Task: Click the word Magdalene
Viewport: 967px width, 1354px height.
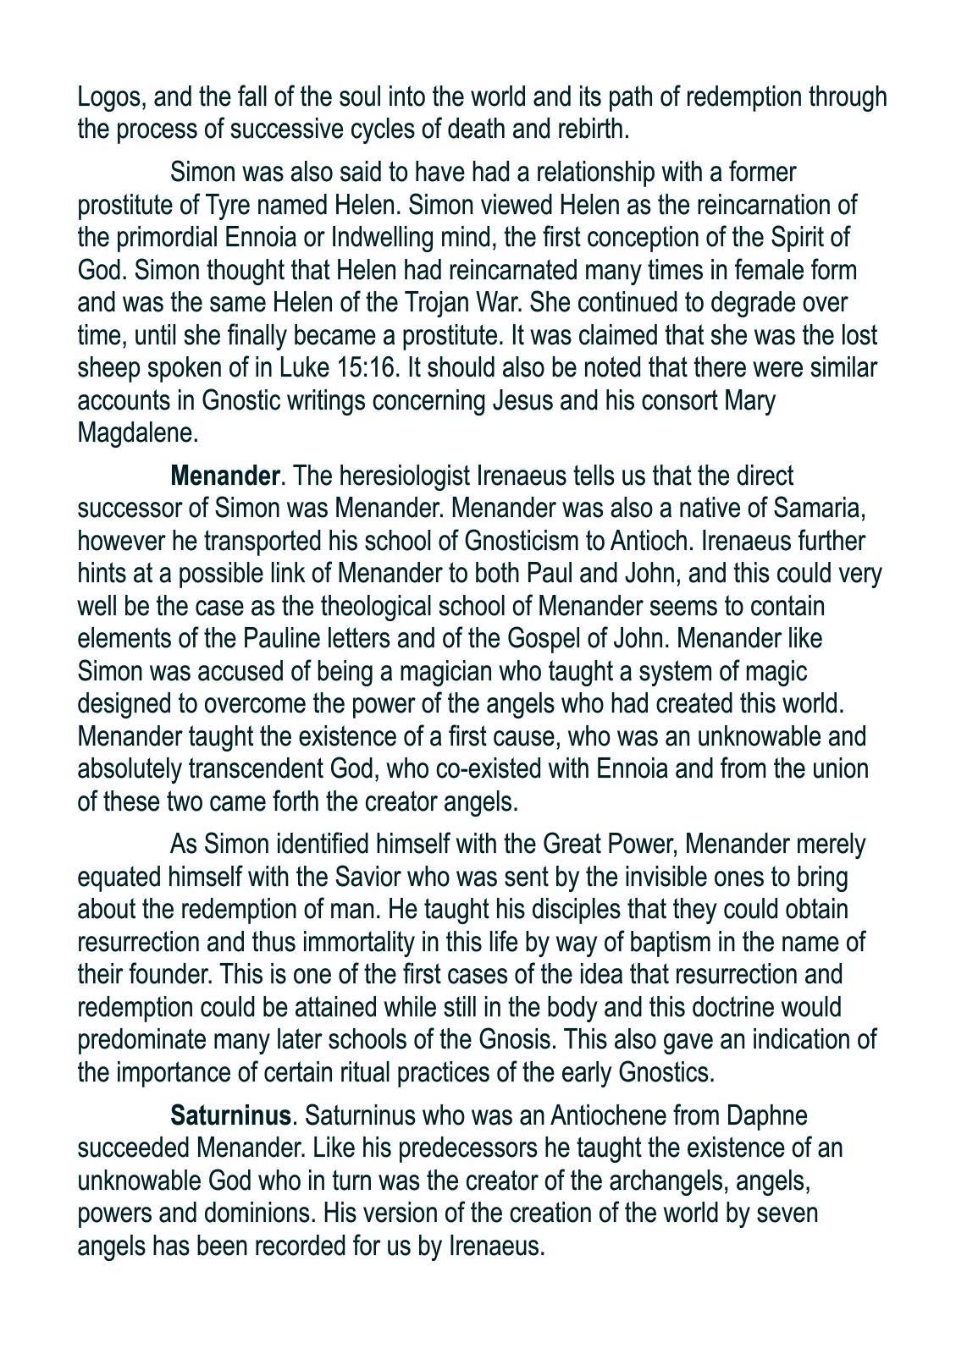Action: [x=137, y=433]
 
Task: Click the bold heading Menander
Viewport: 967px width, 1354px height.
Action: [x=224, y=476]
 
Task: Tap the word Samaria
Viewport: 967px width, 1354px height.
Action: [x=815, y=508]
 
